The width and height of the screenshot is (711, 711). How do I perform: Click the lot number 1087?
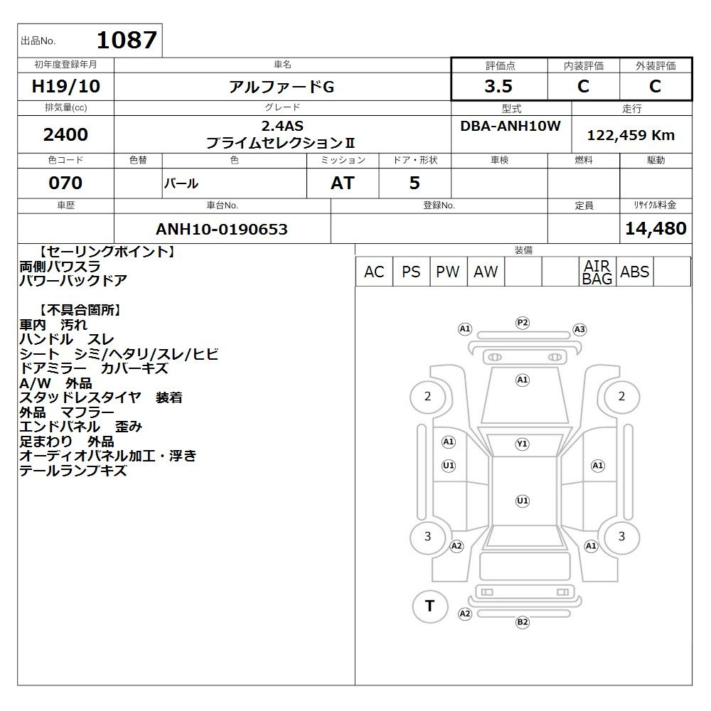127,40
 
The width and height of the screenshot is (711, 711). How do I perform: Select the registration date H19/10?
65,86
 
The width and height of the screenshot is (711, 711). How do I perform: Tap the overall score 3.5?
498,86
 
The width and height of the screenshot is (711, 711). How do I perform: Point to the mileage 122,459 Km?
631,135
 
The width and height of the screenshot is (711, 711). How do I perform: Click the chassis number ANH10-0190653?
222,229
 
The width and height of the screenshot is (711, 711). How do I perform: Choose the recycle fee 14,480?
656,228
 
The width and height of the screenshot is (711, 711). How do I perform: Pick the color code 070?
65,183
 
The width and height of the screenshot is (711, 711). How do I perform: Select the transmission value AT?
343,183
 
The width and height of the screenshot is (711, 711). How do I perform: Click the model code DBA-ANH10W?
510,126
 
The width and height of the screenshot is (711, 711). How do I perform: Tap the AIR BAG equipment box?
597,272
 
